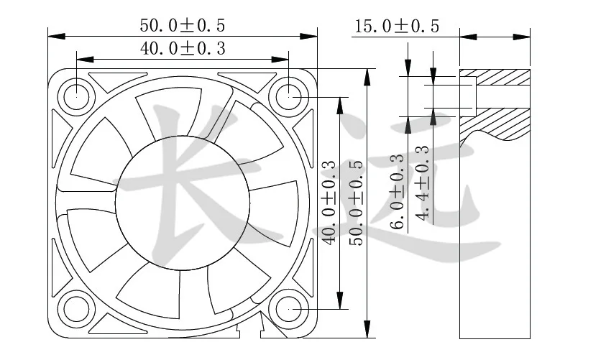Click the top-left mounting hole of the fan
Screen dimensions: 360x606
75,95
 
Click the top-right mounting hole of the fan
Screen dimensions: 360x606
289,95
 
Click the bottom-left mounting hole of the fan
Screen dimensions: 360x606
75,308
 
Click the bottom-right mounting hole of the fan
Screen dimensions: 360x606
289,308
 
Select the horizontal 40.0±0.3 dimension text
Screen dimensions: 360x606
182,49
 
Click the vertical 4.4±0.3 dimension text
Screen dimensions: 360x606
422,183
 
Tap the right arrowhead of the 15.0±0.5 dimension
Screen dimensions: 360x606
525,34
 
